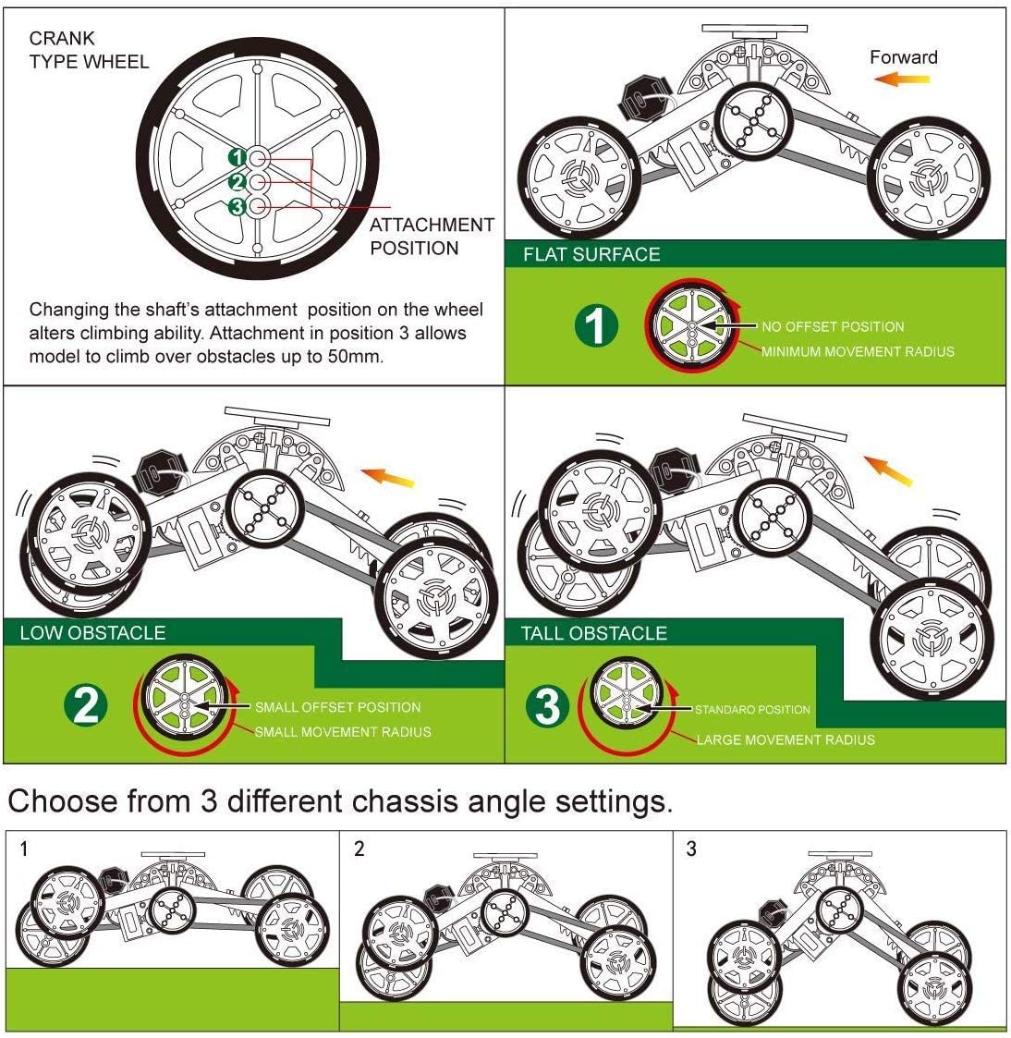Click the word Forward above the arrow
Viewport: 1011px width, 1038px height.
click(x=903, y=57)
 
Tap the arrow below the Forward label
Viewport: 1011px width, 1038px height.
click(x=902, y=80)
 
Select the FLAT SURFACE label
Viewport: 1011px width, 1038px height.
click(x=591, y=254)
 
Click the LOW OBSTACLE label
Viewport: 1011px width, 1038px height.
click(x=92, y=633)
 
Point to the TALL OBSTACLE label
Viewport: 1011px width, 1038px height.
click(x=593, y=633)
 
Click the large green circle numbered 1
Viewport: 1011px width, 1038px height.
click(x=597, y=326)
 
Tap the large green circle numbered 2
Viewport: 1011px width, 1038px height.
click(x=86, y=706)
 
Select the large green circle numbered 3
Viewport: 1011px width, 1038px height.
click(x=548, y=707)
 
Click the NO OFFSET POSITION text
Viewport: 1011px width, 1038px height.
click(x=832, y=326)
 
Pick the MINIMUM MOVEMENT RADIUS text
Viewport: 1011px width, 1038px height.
click(x=857, y=351)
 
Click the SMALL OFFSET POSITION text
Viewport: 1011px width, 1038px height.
click(x=337, y=707)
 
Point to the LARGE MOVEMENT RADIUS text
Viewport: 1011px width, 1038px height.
click(x=785, y=739)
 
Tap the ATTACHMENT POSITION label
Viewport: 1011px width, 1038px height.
click(x=432, y=236)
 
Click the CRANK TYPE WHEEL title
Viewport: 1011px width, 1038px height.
click(x=88, y=50)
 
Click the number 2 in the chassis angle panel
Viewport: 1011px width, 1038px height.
click(x=359, y=849)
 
